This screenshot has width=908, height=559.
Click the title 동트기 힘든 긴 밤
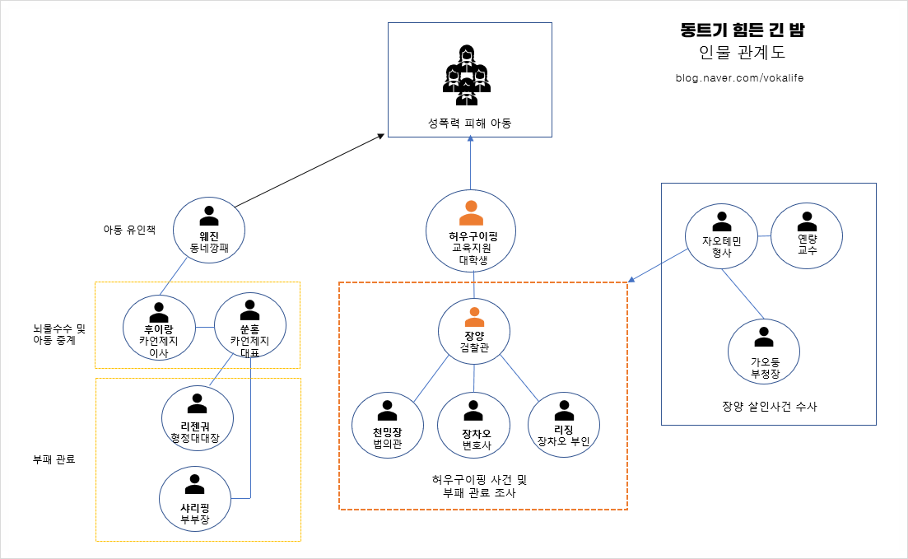tap(742, 30)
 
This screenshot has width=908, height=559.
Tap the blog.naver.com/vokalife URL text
tap(738, 78)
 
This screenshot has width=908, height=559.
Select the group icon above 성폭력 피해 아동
tap(467, 74)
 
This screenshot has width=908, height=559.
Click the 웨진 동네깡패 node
tap(209, 229)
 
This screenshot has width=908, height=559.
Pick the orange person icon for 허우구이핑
tap(471, 212)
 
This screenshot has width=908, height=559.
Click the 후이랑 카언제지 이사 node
tap(159, 331)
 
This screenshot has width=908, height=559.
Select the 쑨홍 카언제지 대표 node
tap(249, 328)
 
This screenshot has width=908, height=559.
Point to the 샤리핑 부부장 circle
tap(194, 500)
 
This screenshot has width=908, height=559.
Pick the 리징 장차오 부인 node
tap(563, 423)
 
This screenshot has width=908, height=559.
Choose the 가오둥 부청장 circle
tap(764, 353)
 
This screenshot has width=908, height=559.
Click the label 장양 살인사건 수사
tap(769, 406)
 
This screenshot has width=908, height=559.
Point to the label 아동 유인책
tap(128, 230)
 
